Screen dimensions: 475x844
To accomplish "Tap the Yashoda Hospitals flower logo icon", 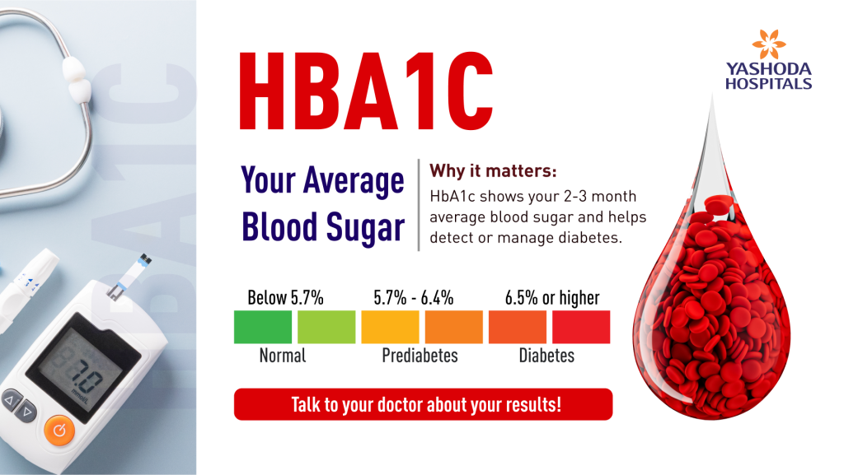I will coord(768,45).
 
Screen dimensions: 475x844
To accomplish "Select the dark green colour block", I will coord(263,327).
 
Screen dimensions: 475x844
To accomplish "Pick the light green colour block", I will coord(326,327).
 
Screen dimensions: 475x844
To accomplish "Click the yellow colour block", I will coord(390,327).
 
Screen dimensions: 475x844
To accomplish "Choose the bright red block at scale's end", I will coord(581,327).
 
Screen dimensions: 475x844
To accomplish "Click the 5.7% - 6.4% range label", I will coord(414,297).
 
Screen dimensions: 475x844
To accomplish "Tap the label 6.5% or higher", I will coord(552,297).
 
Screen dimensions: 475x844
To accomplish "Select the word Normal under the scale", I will coord(283,356).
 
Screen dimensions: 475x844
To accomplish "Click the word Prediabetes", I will coord(420,356).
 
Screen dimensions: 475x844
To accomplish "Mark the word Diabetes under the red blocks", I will coord(546,356).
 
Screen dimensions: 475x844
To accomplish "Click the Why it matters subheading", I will coord(494,173).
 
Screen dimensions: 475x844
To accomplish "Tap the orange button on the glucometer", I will coord(58,429).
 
